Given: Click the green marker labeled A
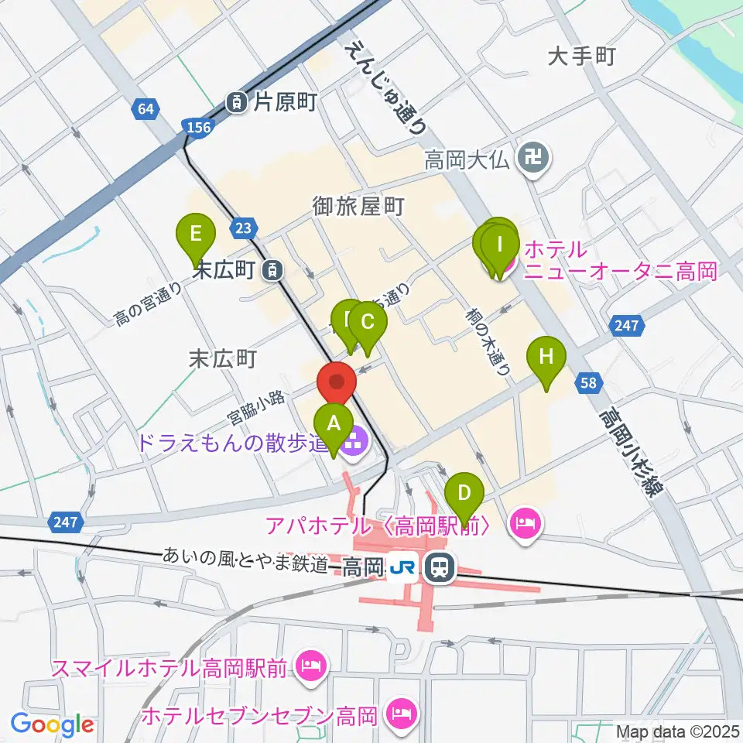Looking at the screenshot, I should pos(334,425).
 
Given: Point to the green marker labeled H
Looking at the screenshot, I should pos(546,358).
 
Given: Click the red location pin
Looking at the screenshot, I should pos(337,382).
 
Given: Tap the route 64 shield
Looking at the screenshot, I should pos(144,109).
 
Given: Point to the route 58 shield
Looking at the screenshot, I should pos(590,382).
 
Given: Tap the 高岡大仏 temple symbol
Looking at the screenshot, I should pos(533,160).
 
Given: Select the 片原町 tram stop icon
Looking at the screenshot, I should pos(236,101).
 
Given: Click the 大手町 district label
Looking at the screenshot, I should pos(580,56).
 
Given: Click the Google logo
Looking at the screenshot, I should pos(53,725).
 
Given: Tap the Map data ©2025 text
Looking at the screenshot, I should pos(677,731).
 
